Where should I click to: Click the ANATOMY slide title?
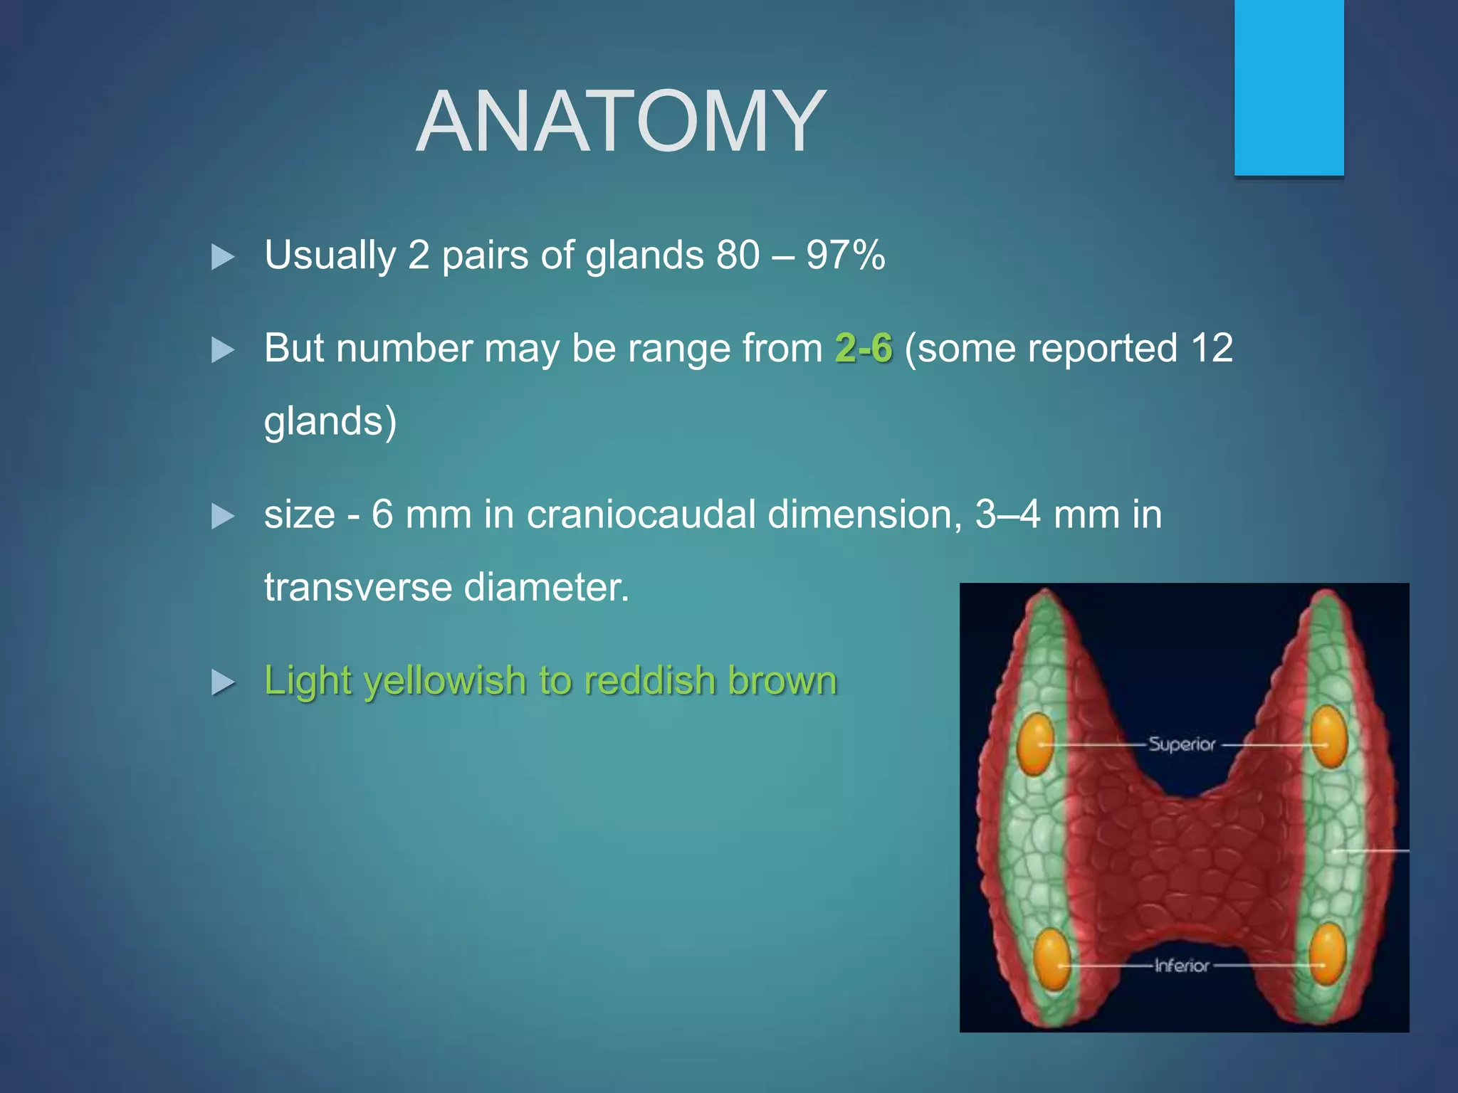621,122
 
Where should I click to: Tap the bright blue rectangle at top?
1289,87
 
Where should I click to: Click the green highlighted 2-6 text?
864,349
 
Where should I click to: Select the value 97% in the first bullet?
846,255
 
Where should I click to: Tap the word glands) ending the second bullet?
330,421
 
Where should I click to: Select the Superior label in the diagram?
1182,744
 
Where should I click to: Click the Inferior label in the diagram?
1182,966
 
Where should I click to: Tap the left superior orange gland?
1035,744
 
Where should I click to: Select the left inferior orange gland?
1051,960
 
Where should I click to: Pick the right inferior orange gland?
1327,954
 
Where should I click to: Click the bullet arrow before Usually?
223,257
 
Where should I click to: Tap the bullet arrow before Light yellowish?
223,682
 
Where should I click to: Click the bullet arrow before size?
223,517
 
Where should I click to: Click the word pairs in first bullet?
485,255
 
